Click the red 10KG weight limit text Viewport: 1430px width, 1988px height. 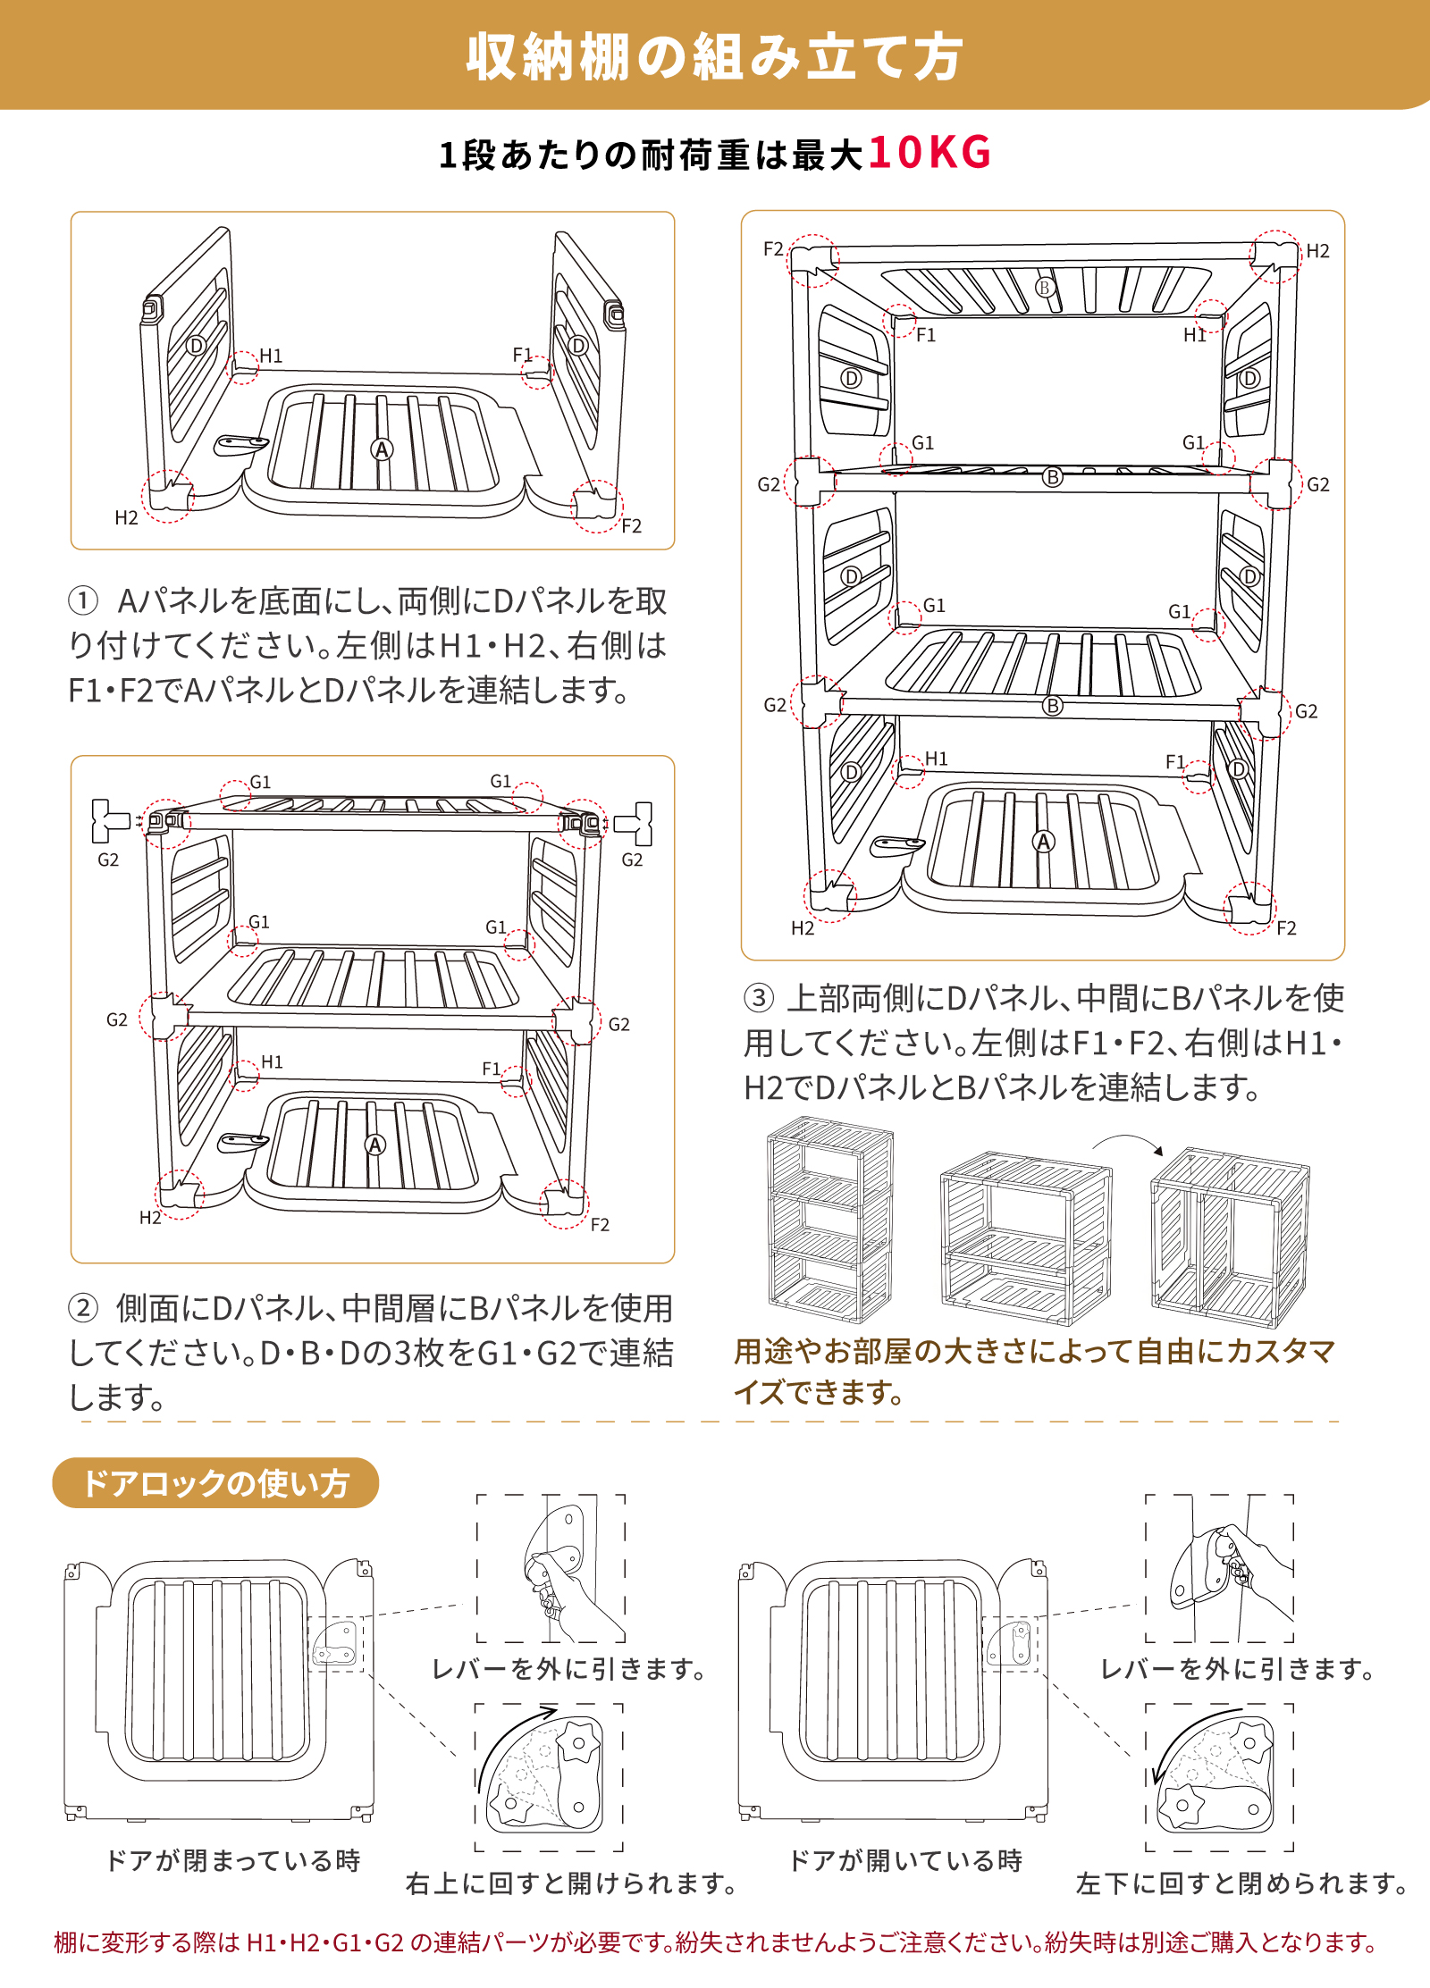click(x=929, y=153)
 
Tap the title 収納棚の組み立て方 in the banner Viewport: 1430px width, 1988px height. click(x=714, y=57)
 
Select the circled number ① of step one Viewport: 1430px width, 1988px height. click(x=82, y=600)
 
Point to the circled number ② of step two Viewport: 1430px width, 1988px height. click(x=82, y=1309)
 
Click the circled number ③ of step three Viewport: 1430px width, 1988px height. click(x=758, y=998)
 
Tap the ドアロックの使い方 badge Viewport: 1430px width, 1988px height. click(x=215, y=1483)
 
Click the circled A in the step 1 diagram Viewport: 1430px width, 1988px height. click(x=382, y=449)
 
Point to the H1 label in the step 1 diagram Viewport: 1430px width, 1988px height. click(x=271, y=356)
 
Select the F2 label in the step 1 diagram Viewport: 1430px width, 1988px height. click(x=631, y=526)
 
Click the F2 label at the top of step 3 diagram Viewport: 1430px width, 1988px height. click(x=773, y=249)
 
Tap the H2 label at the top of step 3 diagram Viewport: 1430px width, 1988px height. click(x=1317, y=251)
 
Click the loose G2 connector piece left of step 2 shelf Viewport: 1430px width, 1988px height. click(x=108, y=821)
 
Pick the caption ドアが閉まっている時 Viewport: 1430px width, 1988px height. click(x=232, y=1860)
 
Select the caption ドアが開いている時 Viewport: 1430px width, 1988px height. click(x=905, y=1860)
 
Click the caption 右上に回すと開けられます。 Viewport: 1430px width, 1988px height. click(x=572, y=1883)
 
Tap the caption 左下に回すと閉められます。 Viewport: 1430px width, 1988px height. click(x=1242, y=1883)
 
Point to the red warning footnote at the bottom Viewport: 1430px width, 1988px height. click(x=715, y=1942)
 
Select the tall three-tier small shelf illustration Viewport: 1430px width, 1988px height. click(x=829, y=1219)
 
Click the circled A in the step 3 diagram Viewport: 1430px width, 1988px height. click(x=1043, y=842)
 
